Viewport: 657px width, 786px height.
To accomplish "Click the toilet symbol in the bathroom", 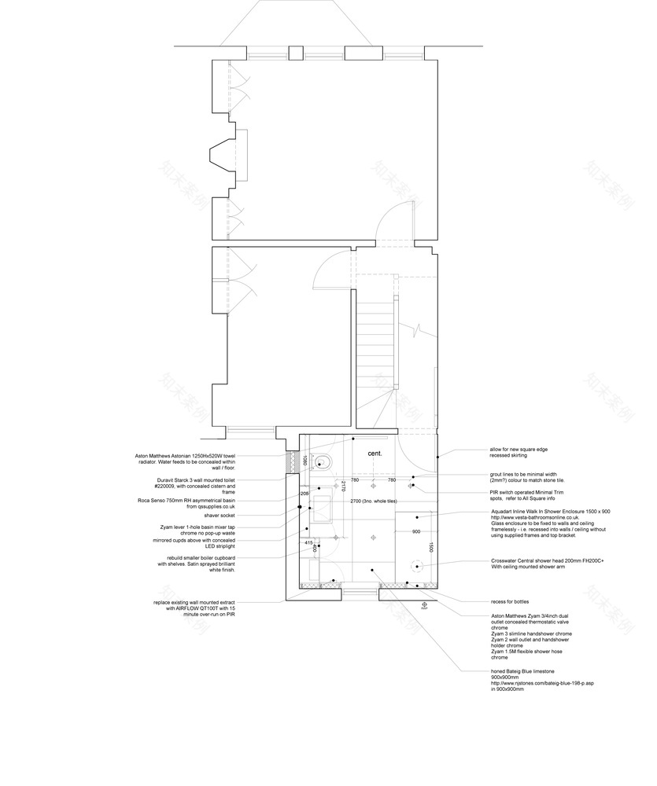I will click(x=323, y=461).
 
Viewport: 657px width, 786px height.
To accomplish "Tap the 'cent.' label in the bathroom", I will click(x=375, y=454).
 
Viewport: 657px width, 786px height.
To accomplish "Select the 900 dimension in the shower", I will click(x=416, y=531).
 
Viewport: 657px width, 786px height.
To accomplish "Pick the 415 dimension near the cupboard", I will click(x=308, y=542).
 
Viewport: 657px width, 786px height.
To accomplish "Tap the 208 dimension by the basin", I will click(x=305, y=494).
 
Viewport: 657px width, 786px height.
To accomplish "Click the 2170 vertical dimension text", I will click(x=343, y=487).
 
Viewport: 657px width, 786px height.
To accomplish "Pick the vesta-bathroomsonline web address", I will click(x=535, y=518).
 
